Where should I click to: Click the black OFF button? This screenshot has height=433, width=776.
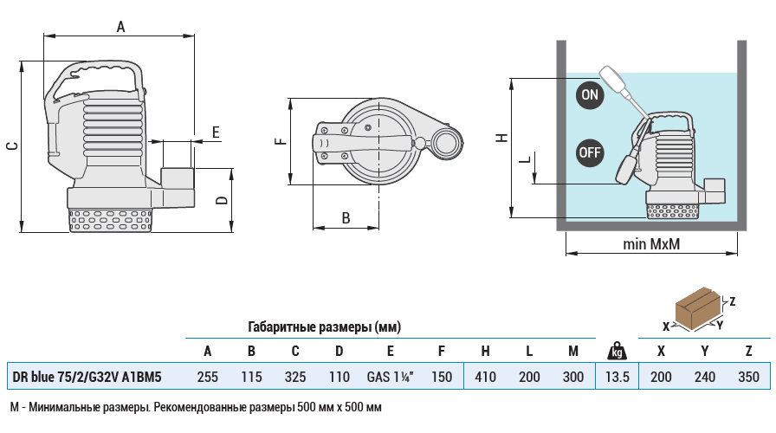coord(590,152)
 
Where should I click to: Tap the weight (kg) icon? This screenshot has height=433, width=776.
coord(617,351)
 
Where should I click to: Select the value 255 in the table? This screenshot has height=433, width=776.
coord(207,377)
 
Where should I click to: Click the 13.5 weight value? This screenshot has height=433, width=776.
coord(617,377)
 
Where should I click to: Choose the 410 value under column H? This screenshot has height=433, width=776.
coord(486,377)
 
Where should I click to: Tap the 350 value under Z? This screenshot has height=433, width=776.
coord(748,377)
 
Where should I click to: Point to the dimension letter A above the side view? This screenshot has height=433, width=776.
coord(121,27)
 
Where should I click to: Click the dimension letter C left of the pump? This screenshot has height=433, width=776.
coord(11,145)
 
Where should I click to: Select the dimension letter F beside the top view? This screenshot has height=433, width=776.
coord(279,141)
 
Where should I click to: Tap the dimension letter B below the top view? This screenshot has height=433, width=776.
coord(346,217)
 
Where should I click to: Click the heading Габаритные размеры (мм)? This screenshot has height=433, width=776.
coord(324,327)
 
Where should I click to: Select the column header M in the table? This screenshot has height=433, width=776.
coord(572,351)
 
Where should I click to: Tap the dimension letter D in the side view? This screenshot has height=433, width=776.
coord(223,200)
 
